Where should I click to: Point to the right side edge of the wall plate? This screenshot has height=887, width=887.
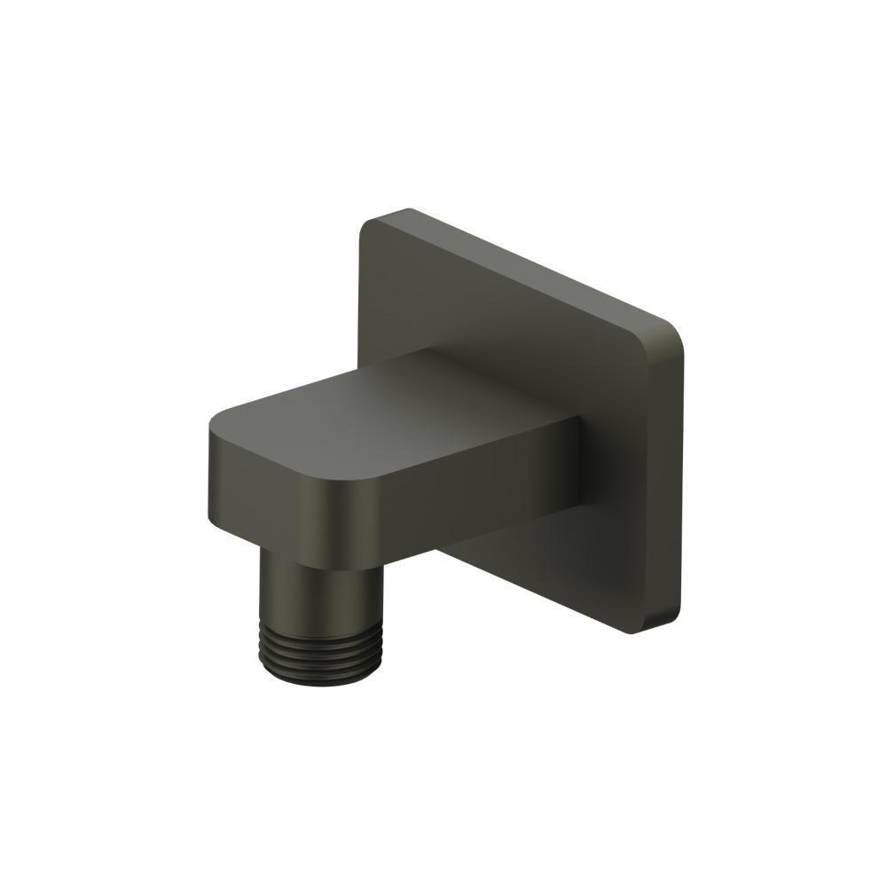(681, 479)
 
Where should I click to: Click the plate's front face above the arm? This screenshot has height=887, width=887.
(497, 310)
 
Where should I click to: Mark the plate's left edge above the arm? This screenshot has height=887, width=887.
(361, 293)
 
